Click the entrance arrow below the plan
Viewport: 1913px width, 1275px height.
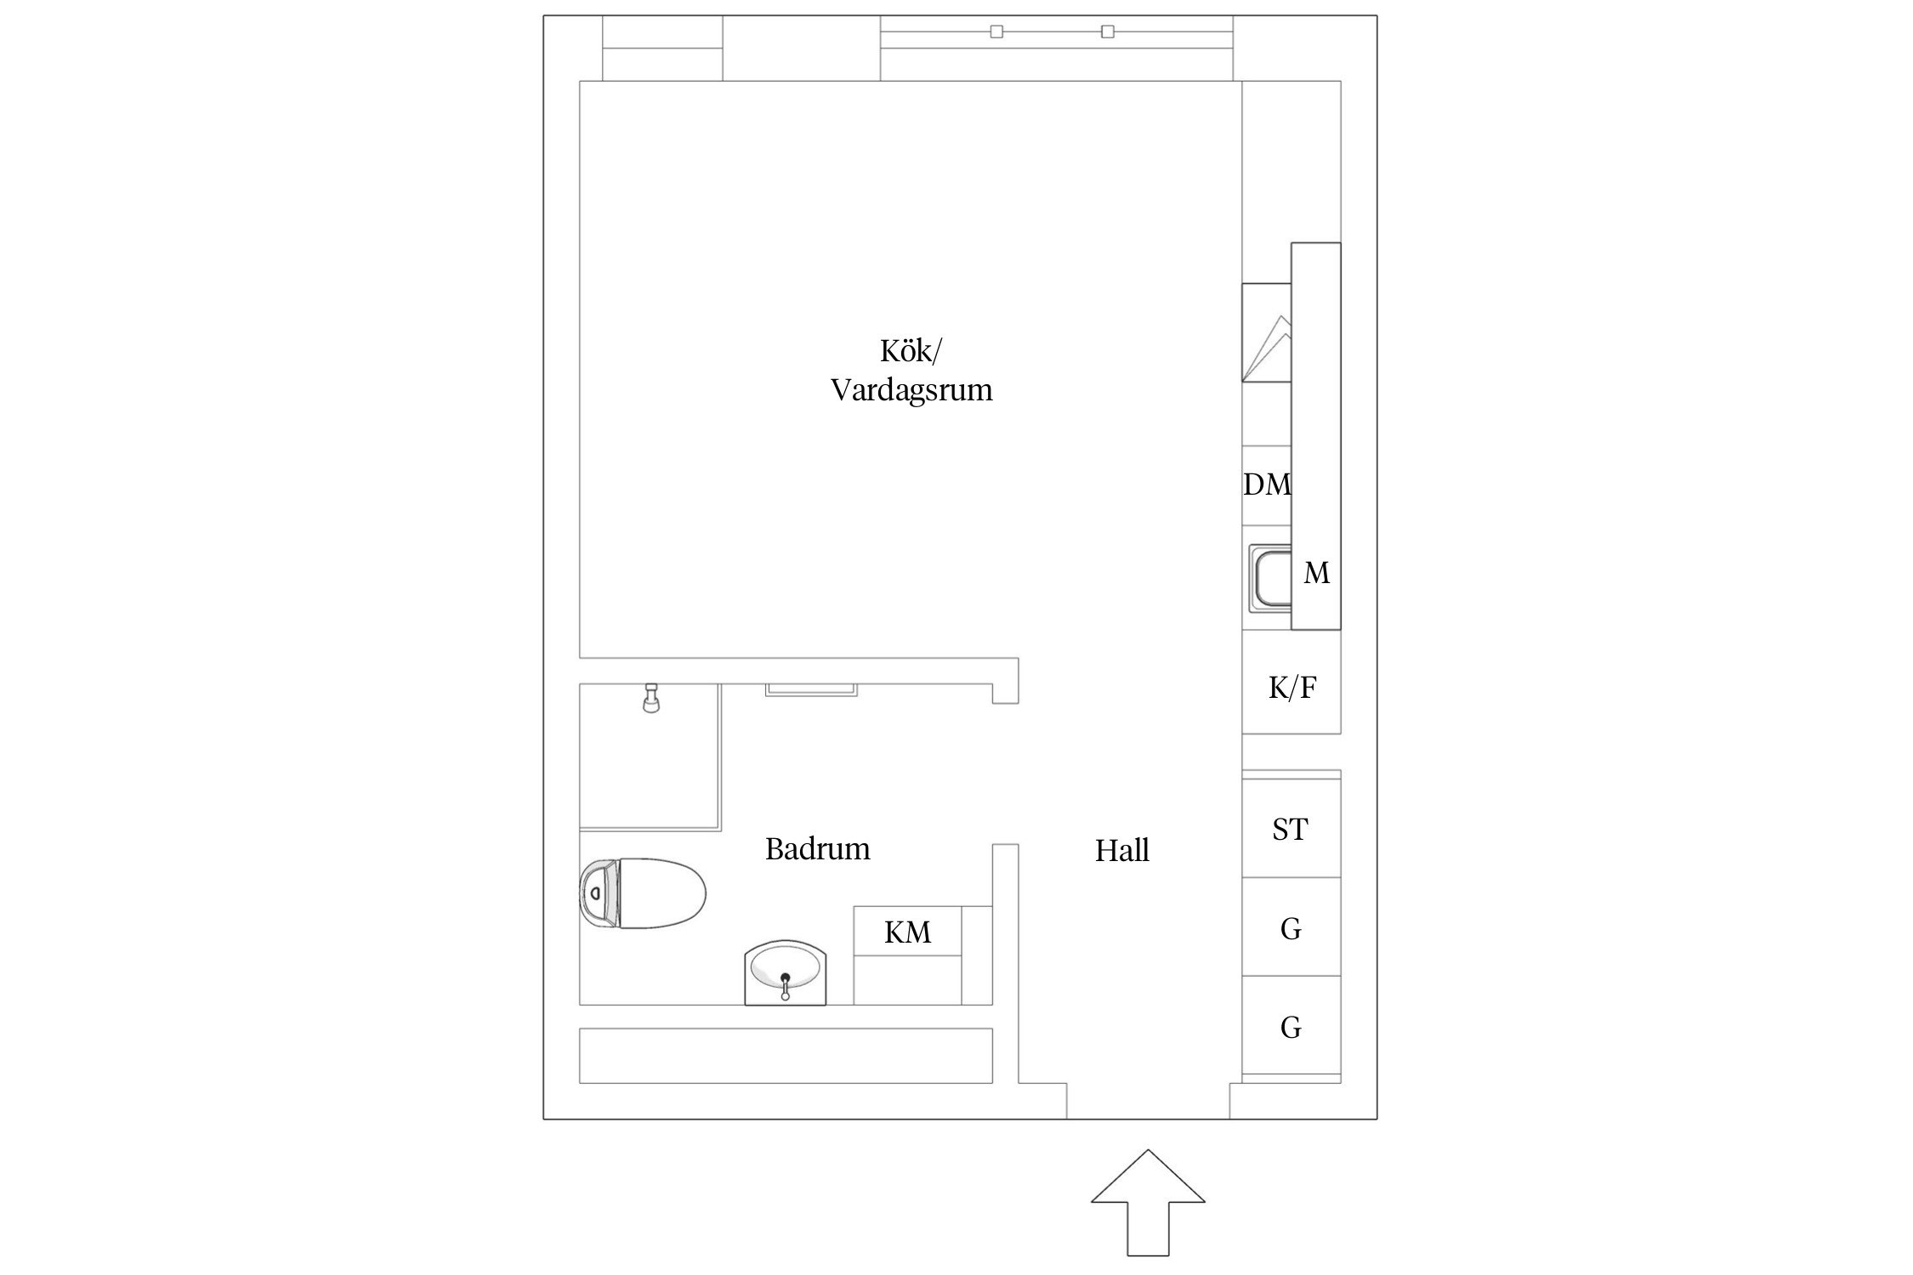(1148, 1203)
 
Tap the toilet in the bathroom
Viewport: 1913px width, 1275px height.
(643, 893)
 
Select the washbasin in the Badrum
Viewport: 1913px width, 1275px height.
(786, 972)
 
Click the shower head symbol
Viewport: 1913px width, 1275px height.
(651, 698)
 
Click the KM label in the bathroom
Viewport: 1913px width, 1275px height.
(907, 933)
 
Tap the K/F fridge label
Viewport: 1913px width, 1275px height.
(1292, 688)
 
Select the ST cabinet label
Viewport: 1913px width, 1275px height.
(1290, 830)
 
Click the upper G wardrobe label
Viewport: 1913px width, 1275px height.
(1291, 929)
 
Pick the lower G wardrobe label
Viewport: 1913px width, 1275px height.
(1291, 1028)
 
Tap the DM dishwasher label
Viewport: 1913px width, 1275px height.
(1267, 484)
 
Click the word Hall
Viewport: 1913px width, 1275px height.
(1122, 851)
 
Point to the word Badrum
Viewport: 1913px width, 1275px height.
(818, 849)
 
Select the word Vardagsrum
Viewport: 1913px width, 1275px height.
(911, 391)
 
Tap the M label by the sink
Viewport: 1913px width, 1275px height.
(1317, 574)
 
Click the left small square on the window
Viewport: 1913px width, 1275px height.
(996, 31)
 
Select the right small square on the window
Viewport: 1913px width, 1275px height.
(1107, 31)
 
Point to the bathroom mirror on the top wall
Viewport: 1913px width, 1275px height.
(811, 689)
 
